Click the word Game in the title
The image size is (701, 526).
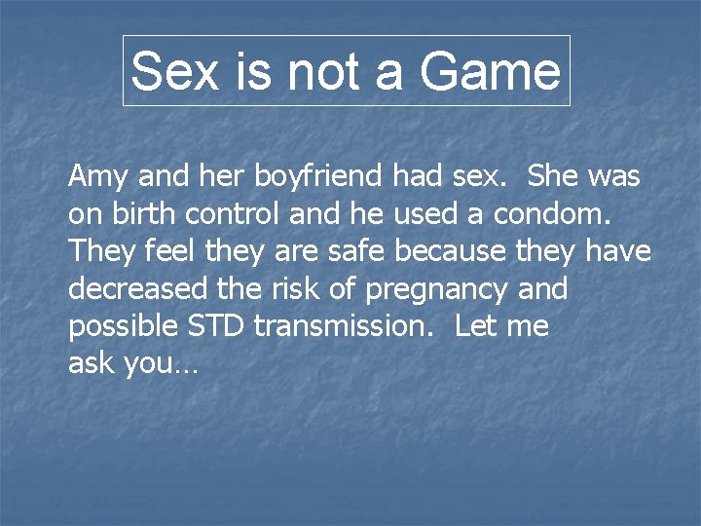[490, 71]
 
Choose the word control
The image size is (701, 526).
[231, 213]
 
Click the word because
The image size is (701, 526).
[451, 251]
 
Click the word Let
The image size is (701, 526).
[476, 326]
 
